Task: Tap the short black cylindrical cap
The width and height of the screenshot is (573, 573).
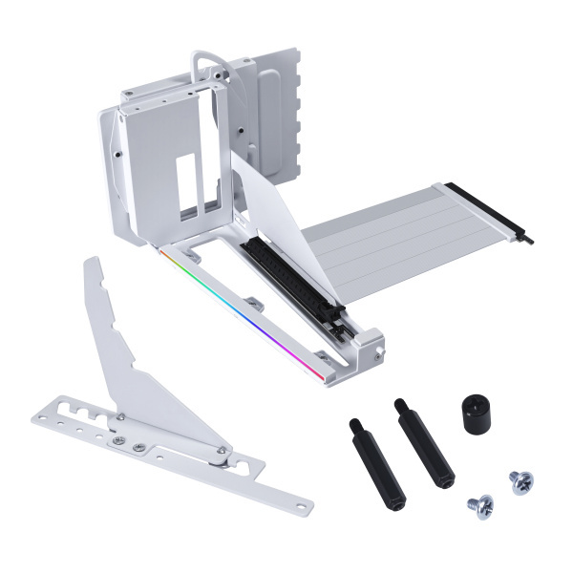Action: click(475, 414)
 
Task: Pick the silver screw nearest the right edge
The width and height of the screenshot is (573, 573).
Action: click(520, 480)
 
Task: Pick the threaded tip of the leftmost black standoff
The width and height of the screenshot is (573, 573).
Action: click(353, 424)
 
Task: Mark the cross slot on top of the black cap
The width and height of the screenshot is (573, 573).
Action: click(475, 401)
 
